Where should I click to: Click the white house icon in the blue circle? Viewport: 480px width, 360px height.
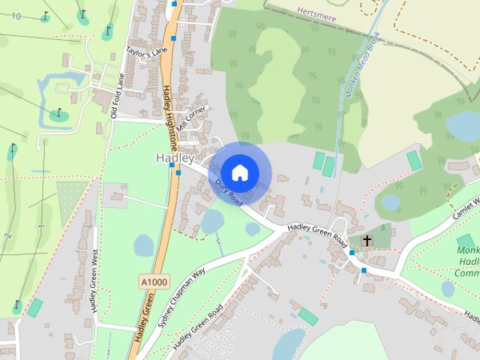239,172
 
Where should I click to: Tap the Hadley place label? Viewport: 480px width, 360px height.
175,158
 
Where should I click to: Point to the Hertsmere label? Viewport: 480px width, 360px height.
314,13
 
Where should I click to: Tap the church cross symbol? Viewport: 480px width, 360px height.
367,241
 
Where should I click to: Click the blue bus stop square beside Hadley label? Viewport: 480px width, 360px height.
178,172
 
